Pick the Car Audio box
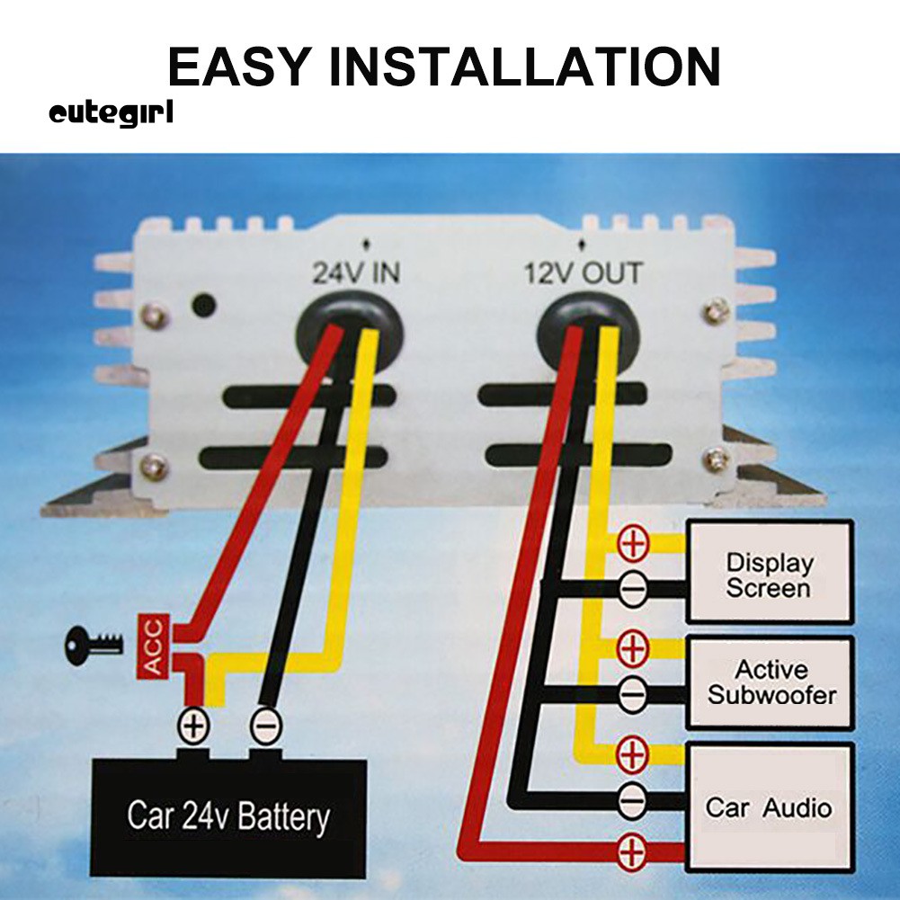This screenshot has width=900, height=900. coord(769,806)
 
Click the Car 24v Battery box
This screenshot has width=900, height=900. coord(228,816)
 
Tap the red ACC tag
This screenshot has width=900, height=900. coord(152,646)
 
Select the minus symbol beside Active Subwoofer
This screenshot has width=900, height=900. coord(632,694)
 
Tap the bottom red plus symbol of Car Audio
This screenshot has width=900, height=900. coord(632,851)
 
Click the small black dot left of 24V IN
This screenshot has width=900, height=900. coord(205,305)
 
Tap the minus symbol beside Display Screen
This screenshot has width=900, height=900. coord(632,590)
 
